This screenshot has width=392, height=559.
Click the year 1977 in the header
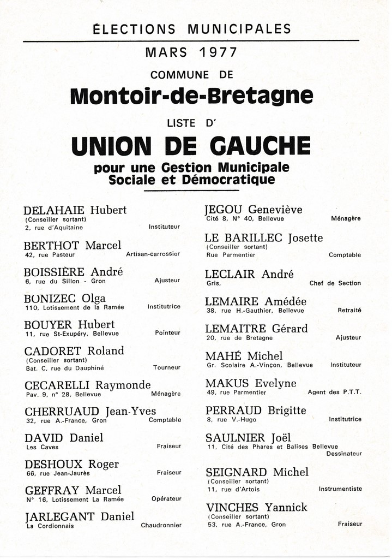(218, 53)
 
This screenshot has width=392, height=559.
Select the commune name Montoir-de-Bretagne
(192, 96)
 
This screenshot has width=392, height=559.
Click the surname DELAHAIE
(54, 210)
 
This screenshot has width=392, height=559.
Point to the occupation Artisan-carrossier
(153, 254)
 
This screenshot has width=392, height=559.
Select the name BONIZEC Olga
(65, 299)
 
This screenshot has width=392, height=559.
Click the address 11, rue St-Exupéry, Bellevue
(71, 334)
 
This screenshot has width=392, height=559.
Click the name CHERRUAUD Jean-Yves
(91, 412)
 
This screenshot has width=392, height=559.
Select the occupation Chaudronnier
(161, 526)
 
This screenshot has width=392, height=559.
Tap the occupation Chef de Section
(335, 283)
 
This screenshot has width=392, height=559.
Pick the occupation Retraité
(349, 310)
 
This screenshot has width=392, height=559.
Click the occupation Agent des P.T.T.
(334, 392)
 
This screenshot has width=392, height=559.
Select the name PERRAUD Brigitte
(256, 411)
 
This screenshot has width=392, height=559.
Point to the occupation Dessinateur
(343, 454)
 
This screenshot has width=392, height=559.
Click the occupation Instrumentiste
(340, 489)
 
